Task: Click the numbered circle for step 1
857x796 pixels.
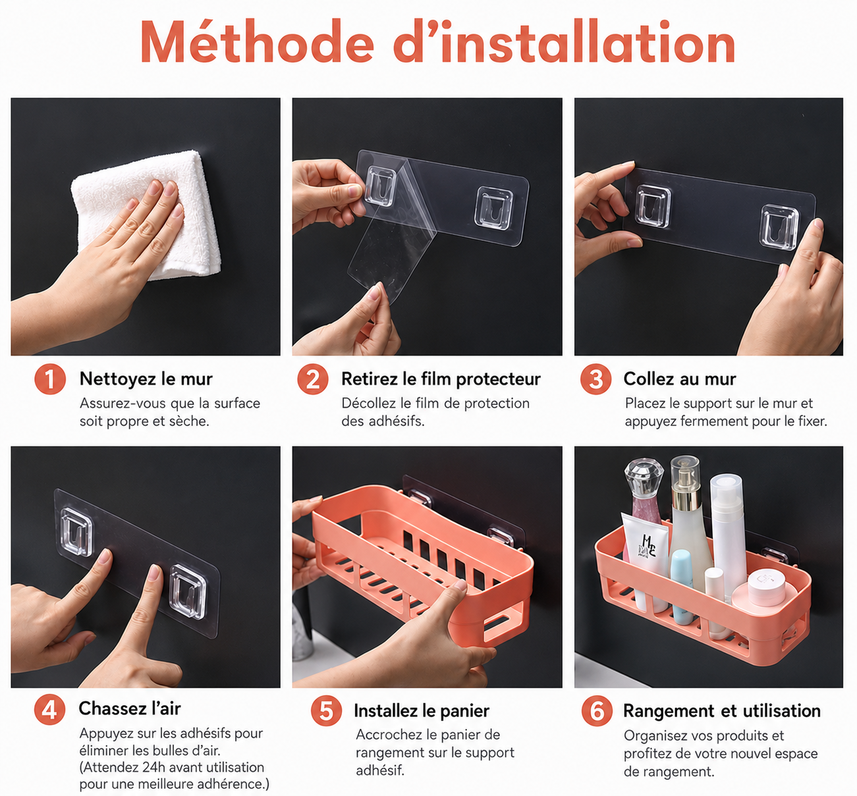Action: (x=50, y=379)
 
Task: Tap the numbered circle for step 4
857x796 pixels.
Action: (x=49, y=709)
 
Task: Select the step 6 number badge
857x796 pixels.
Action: (x=597, y=710)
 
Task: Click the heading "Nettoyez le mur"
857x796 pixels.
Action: (x=146, y=379)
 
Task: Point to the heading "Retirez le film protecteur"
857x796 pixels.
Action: (x=441, y=379)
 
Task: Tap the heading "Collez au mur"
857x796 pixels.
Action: (x=679, y=379)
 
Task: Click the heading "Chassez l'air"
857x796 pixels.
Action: (x=130, y=708)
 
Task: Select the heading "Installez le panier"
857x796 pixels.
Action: (x=421, y=710)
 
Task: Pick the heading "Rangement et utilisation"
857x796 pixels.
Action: (x=721, y=710)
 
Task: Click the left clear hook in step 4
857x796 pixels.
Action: (x=76, y=531)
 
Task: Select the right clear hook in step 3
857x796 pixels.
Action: (x=779, y=227)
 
